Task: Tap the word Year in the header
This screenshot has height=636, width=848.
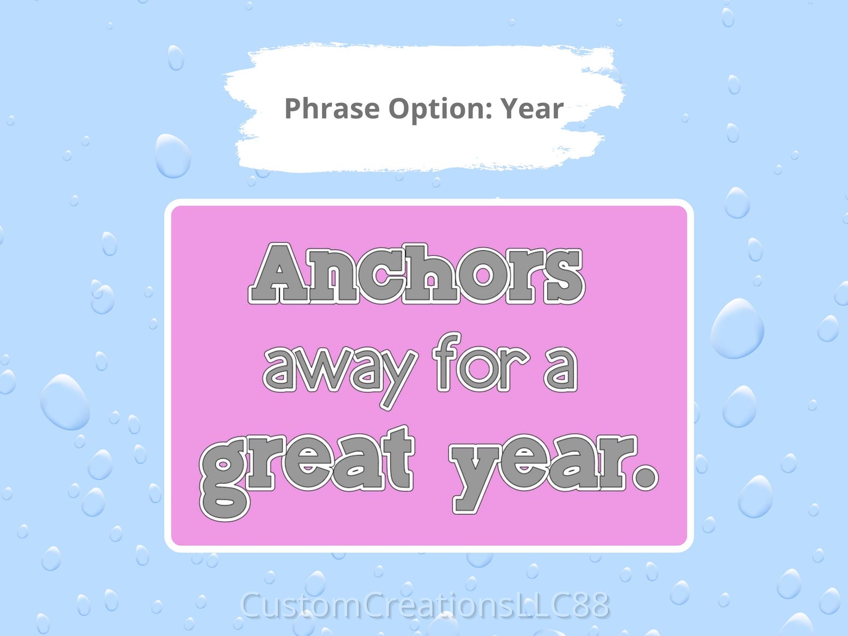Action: pos(531,108)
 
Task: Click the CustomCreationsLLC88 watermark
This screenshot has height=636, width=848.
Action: pos(425,606)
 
